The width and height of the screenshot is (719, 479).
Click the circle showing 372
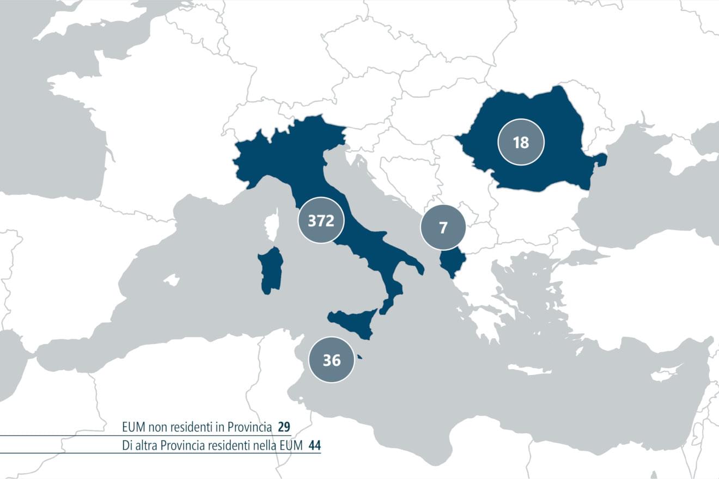[x=321, y=220]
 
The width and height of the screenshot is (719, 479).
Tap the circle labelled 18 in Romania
[x=521, y=143]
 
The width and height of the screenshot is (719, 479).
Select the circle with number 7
[x=443, y=227]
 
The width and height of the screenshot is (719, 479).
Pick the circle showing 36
[x=331, y=360]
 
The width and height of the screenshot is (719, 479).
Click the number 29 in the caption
[x=283, y=426]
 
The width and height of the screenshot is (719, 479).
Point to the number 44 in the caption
[x=314, y=445]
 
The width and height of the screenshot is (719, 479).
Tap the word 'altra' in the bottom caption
[x=147, y=445]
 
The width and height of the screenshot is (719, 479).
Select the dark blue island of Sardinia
[x=271, y=271]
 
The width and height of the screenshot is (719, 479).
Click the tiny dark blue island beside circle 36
[x=359, y=358]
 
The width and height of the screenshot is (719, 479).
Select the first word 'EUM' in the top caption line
[x=133, y=426]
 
